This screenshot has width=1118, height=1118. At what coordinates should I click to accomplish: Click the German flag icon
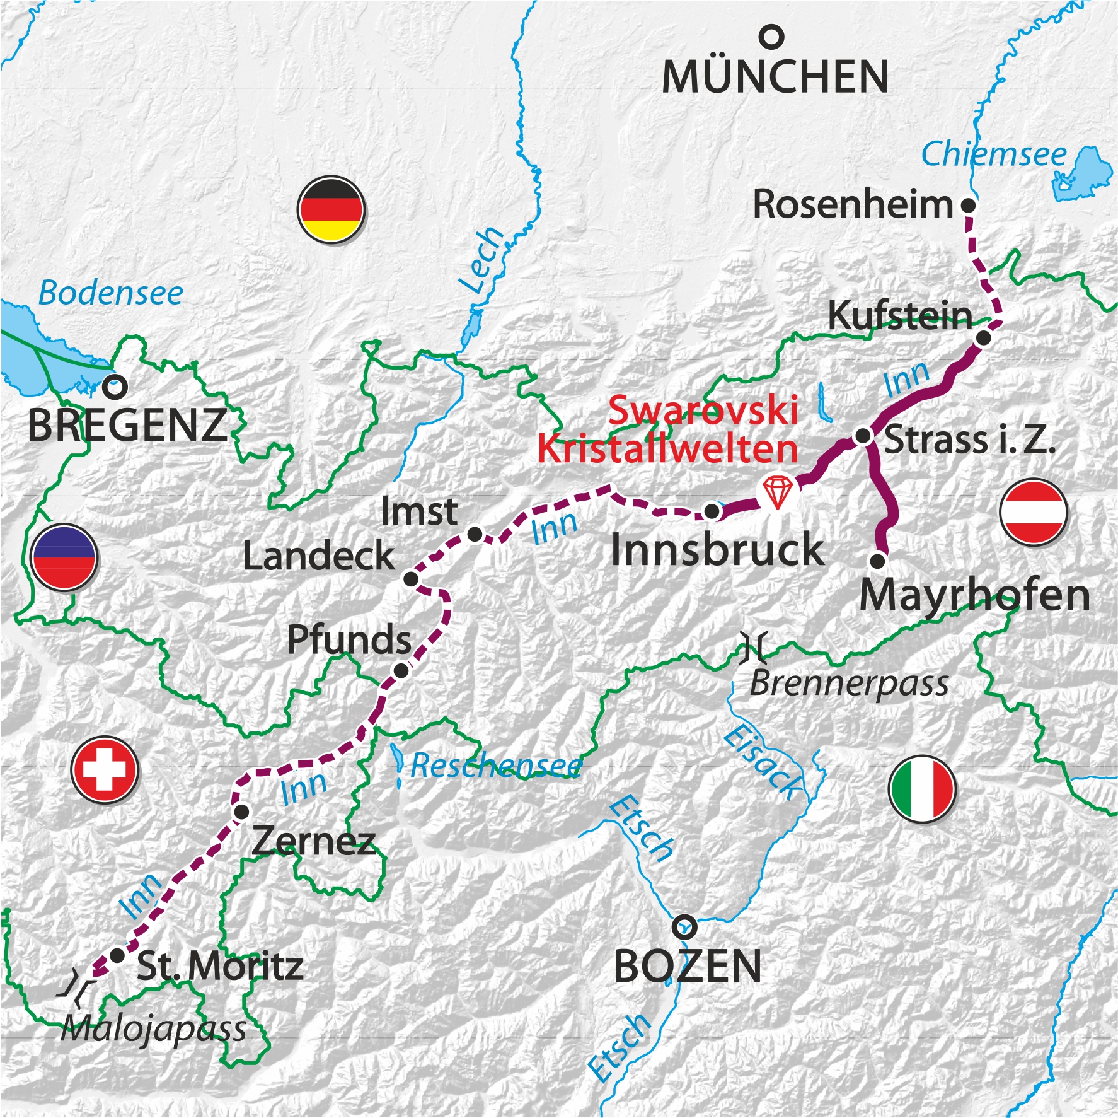[331, 210]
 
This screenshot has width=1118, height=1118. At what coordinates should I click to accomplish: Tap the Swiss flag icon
[104, 769]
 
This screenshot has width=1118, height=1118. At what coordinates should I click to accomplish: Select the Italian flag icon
[922, 789]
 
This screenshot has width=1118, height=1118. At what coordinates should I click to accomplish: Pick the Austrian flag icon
[1033, 511]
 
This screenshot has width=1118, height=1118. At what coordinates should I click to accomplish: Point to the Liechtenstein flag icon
[64, 557]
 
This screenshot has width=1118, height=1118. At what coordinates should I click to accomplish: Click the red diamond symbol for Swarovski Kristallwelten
[778, 491]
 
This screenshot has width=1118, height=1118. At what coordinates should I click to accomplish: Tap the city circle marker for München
[771, 37]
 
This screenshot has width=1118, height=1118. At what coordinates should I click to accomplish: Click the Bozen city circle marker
[684, 927]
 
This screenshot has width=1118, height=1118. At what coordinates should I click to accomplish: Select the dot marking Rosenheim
[968, 205]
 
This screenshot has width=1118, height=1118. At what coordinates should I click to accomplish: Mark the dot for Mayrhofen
[877, 560]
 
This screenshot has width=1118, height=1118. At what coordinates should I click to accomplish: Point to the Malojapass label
[154, 1030]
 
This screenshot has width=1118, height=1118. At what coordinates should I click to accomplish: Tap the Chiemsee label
[993, 154]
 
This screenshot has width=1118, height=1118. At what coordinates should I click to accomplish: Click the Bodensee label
[111, 293]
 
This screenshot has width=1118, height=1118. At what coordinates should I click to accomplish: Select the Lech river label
[481, 260]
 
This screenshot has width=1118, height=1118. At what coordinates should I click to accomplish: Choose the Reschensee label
[495, 766]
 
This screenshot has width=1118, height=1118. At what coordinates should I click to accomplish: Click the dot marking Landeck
[411, 579]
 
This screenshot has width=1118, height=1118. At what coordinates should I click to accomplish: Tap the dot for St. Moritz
[117, 955]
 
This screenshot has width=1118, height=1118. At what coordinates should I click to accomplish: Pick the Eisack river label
[763, 763]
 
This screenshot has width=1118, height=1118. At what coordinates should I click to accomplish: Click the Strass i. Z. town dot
[863, 436]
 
